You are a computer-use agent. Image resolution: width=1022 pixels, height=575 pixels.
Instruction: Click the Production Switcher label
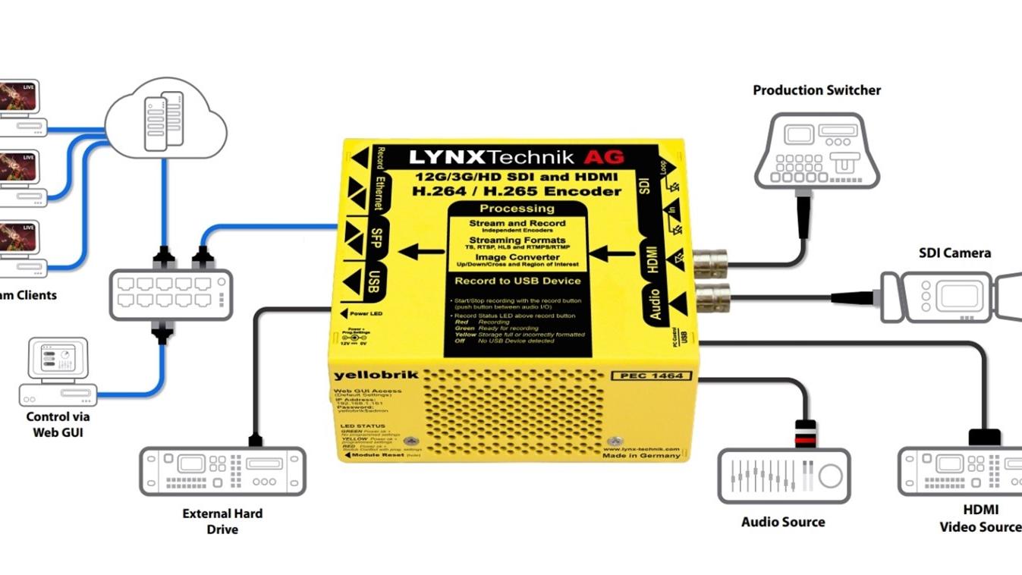pos(816,90)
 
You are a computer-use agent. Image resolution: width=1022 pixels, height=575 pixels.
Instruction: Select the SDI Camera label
pos(954,253)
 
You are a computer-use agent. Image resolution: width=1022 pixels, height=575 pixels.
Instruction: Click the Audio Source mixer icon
pos(784,476)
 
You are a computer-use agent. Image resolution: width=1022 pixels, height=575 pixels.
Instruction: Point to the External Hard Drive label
pos(222,521)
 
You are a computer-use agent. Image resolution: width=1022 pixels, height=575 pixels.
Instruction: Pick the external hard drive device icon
pos(222,471)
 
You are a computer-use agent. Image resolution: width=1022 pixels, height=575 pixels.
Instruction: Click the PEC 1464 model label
pos(650,375)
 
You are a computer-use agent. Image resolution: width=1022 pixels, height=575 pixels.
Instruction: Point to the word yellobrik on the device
pos(366,375)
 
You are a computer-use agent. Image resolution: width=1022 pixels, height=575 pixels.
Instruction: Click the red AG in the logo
pos(603,157)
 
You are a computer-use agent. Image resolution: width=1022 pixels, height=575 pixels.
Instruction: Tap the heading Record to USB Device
pos(517,281)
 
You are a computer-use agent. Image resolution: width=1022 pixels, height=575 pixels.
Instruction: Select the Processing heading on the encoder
pos(517,208)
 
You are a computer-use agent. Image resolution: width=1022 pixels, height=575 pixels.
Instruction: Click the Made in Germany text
pos(641,455)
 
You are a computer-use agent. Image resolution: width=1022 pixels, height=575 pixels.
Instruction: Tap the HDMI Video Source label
pos(980,518)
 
